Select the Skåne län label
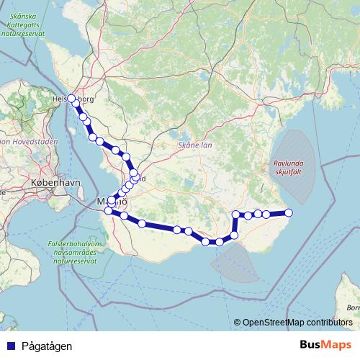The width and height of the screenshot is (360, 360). pos(195,145)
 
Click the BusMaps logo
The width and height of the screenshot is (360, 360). pos(325,345)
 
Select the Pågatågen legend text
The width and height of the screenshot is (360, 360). pos(47,346)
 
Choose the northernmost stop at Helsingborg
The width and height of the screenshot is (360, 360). pos(71,99)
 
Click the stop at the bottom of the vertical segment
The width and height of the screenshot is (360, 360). pos(234,235)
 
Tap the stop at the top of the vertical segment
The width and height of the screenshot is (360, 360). pos(236,214)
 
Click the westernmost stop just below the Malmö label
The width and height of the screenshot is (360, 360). pos(109,211)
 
